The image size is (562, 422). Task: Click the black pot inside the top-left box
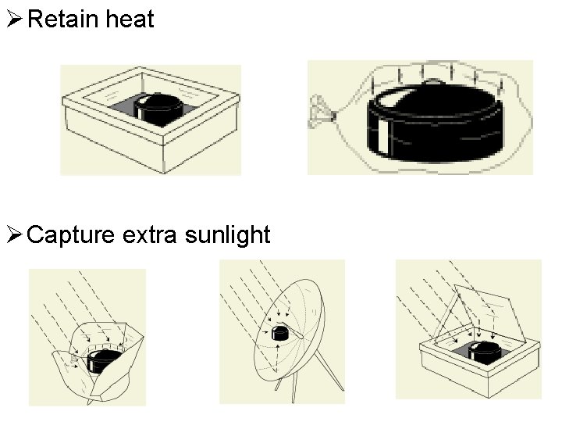pyautogui.click(x=161, y=109)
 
